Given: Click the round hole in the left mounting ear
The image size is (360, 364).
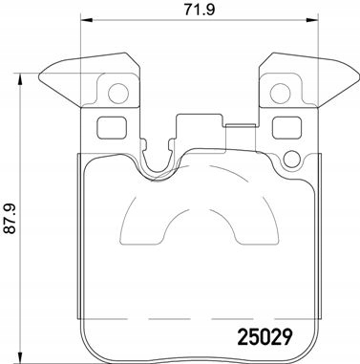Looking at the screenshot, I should click(118, 94).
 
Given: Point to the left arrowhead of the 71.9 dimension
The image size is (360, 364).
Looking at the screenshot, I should click(86, 27).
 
